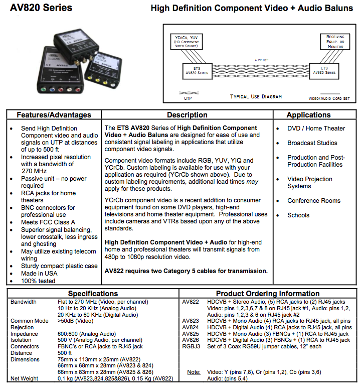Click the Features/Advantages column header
(x=54, y=115)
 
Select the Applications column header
(x=308, y=115)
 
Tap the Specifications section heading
(x=93, y=293)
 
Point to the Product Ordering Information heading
(x=268, y=293)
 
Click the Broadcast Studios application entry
(x=312, y=143)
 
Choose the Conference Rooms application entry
(x=314, y=201)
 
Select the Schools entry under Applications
(x=298, y=215)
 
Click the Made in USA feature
(x=39, y=274)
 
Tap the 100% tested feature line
(x=38, y=281)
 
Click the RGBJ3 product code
(x=191, y=347)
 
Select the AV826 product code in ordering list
(x=191, y=340)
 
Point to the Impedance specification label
(x=25, y=334)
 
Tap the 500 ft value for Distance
(x=65, y=353)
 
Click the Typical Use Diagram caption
(x=256, y=96)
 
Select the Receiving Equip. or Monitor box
(x=335, y=42)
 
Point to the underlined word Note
(x=194, y=372)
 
